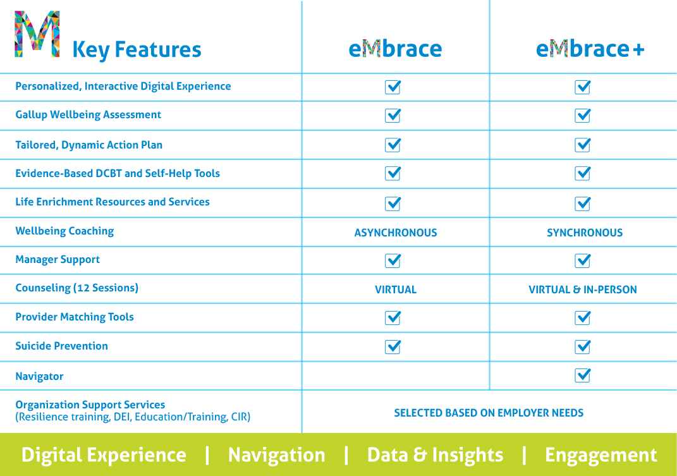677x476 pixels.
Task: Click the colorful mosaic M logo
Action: [37, 34]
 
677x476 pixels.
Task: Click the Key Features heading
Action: [137, 49]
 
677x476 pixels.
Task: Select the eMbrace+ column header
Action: [590, 49]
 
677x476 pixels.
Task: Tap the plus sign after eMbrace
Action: [638, 50]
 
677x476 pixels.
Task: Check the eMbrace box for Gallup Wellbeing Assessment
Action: [393, 115]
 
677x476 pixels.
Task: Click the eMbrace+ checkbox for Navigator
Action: [582, 375]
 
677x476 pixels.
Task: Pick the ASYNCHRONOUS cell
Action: [396, 233]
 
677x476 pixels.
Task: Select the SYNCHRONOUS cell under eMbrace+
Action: [585, 233]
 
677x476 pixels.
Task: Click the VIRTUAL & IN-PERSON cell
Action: [582, 290]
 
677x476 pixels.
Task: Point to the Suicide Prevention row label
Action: [62, 346]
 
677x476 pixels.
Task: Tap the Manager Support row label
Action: [58, 260]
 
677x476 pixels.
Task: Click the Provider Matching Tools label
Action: [75, 317]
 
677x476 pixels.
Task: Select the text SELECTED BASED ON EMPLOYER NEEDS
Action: [489, 413]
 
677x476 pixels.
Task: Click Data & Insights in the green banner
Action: [435, 455]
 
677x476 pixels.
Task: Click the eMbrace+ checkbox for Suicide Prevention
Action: [582, 346]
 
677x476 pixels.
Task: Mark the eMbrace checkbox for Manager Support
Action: [393, 260]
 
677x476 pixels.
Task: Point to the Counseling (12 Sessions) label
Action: [77, 288]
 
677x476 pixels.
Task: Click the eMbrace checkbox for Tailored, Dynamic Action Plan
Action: [393, 145]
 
